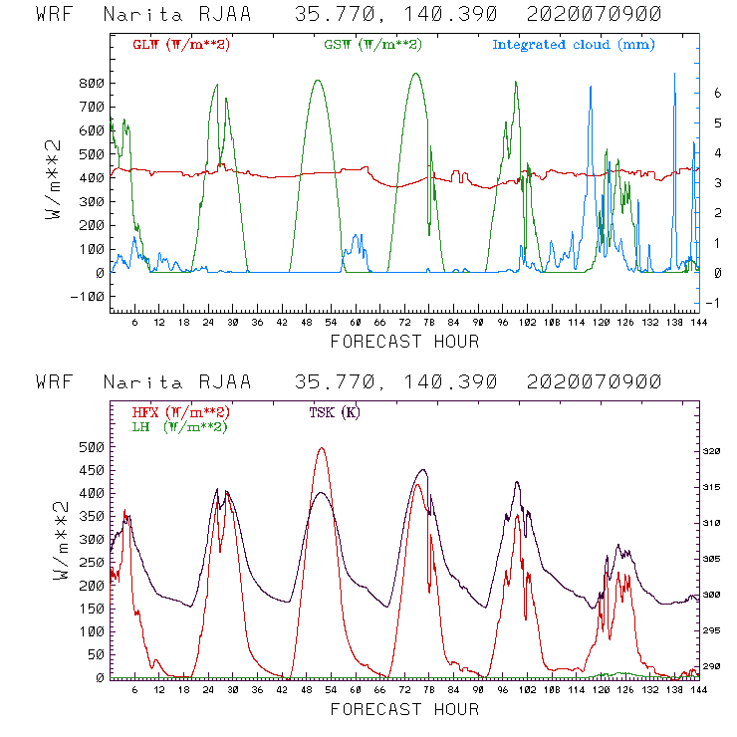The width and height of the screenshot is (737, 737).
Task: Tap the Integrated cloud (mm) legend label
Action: click(574, 45)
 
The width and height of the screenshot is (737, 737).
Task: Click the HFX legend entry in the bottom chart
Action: click(180, 412)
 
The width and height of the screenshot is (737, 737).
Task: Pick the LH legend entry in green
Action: click(180, 426)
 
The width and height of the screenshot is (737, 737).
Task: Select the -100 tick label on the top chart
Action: click(87, 297)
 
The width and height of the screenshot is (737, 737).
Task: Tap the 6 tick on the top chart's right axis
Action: click(716, 92)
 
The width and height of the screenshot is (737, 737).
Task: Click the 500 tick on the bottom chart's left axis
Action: click(92, 447)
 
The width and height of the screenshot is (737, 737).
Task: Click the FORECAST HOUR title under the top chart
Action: click(404, 342)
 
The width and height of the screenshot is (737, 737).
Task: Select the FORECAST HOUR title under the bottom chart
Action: click(404, 709)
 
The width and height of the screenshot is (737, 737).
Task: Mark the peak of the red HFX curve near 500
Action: click(321, 448)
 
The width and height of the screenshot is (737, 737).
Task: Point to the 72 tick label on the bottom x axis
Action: click(405, 689)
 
